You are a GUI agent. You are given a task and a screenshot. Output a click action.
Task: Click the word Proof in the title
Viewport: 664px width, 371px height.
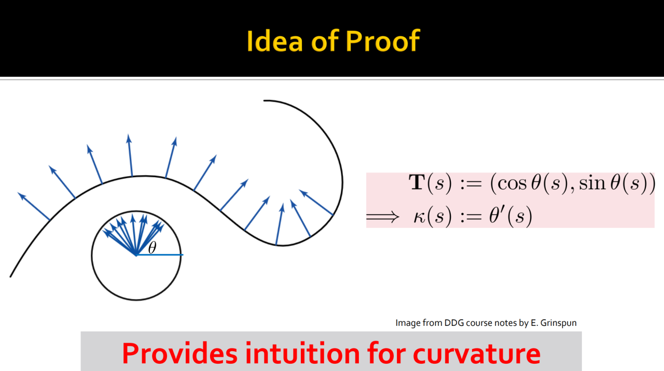click(x=382, y=41)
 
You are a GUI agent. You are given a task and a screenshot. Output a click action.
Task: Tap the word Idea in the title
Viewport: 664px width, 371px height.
click(x=274, y=41)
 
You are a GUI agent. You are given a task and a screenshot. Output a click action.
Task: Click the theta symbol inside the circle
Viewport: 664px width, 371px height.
click(x=152, y=248)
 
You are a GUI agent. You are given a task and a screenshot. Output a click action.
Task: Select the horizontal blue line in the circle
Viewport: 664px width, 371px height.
click(x=159, y=254)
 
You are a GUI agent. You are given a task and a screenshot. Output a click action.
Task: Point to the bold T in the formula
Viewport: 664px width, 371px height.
click(x=417, y=182)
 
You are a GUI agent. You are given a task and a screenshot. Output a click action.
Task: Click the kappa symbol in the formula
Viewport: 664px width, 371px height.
click(x=420, y=217)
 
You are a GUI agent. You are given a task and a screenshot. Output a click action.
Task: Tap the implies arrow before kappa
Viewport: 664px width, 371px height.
click(x=383, y=217)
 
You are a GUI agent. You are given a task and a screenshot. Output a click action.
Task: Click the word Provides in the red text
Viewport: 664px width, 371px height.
click(x=180, y=353)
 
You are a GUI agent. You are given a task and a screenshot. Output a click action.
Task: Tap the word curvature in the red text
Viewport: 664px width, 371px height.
click(x=477, y=354)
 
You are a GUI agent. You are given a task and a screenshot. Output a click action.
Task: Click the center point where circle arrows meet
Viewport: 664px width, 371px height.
click(x=136, y=254)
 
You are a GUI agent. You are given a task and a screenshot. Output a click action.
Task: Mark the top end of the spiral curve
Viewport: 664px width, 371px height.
click(x=264, y=101)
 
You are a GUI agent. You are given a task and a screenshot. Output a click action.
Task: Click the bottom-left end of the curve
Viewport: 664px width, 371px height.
click(x=11, y=277)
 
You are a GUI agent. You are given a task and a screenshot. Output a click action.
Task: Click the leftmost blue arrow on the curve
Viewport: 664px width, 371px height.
click(x=34, y=206)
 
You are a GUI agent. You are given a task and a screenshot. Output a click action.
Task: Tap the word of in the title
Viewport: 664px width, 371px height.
click(x=324, y=41)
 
